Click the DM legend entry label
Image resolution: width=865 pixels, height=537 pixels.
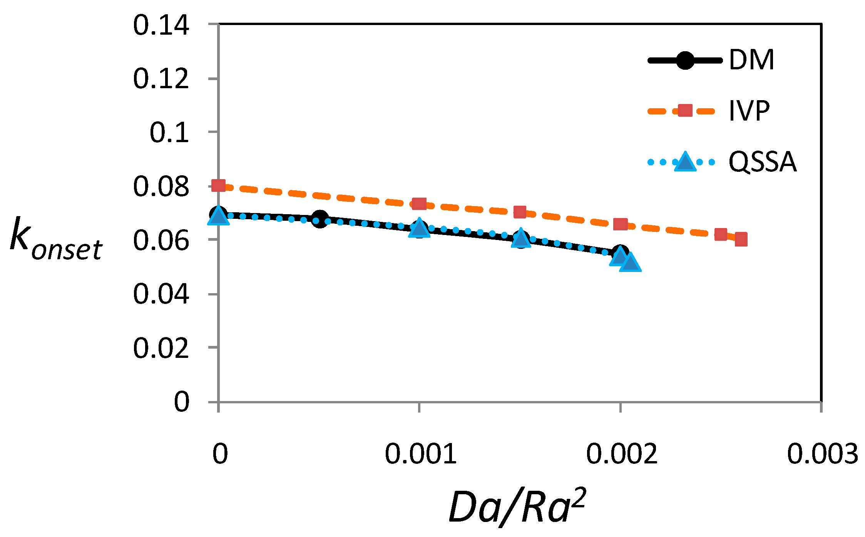751,60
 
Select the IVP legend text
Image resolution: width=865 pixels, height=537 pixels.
749,111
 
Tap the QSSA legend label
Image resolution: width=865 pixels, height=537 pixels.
762,162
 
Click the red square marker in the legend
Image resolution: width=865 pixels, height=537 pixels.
685,111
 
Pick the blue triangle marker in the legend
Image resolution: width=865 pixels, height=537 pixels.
685,162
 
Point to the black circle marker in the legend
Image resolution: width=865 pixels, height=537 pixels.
685,60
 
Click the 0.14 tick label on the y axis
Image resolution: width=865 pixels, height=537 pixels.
161,25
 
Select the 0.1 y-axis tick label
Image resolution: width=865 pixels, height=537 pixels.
169,133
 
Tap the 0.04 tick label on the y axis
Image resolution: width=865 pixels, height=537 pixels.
161,294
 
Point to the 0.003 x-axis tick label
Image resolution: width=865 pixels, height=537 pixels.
822,454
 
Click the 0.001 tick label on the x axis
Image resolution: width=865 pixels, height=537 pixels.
420,454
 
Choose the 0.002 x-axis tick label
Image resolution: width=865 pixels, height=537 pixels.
621,454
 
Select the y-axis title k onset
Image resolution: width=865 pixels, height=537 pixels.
56,239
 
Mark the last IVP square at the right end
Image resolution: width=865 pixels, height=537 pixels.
741,239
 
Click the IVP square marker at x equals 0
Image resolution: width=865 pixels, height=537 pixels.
219,185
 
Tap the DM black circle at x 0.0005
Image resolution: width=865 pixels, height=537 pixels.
320,219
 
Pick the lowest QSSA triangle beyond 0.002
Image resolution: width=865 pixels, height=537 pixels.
631,263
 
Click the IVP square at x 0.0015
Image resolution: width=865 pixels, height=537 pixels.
520,212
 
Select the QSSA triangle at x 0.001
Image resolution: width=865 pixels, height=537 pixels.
419,228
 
